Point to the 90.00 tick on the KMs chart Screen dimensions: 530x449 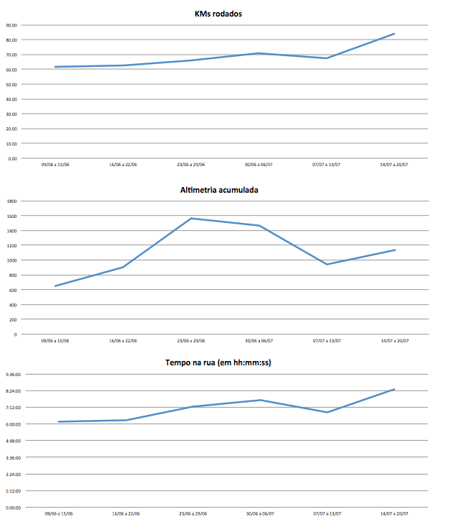[12, 24]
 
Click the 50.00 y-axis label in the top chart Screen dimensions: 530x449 [12, 84]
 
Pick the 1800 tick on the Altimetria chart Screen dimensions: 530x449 [11, 201]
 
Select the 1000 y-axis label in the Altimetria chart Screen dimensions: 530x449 [11, 260]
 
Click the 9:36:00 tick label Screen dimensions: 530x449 [13, 374]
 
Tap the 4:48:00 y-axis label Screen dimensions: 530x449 [13, 441]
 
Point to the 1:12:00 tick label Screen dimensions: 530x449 [13, 491]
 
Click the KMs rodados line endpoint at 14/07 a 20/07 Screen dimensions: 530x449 [394, 34]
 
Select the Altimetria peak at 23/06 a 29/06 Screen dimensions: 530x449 [191, 218]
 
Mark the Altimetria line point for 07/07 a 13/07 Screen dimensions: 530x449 [327, 265]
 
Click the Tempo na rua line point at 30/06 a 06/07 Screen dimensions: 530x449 [259, 400]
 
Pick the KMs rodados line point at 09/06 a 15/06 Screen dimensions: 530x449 [55, 67]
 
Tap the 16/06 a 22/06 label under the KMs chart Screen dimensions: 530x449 [123, 165]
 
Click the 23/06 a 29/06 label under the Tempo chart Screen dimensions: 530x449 [192, 514]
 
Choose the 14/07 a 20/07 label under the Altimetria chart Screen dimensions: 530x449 [394, 341]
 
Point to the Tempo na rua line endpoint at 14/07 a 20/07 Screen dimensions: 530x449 [394, 389]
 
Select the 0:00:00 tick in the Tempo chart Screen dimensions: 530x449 [13, 508]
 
